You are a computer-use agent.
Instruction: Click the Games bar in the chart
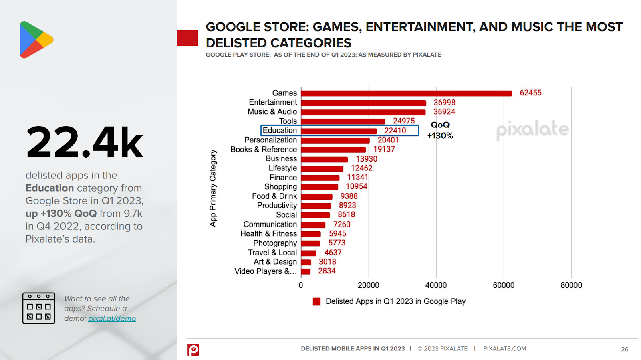tap(406, 93)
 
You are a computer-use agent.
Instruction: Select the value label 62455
tap(530, 93)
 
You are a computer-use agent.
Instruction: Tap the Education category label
tap(280, 130)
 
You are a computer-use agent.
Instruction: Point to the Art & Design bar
tap(306, 262)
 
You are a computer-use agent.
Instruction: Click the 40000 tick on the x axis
tap(436, 285)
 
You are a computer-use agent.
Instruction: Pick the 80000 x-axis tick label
tap(571, 285)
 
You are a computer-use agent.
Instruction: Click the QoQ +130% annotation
tap(440, 130)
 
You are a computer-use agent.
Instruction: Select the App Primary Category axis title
tap(213, 188)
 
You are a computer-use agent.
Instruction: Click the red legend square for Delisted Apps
tap(316, 301)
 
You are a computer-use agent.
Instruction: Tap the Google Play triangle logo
tap(35, 40)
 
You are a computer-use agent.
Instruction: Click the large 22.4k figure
tap(84, 142)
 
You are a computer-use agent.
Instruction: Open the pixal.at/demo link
tap(112, 318)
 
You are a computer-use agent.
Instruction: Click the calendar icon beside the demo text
tap(39, 308)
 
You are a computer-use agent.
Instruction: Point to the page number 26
tap(624, 349)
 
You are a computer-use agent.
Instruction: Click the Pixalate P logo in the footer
tap(193, 350)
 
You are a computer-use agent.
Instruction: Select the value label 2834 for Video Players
tap(327, 271)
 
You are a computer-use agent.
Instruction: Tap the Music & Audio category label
tap(272, 112)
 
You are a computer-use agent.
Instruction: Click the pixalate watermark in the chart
tap(532, 129)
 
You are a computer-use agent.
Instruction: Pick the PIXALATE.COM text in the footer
tap(504, 349)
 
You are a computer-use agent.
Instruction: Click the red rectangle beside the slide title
tap(187, 38)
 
